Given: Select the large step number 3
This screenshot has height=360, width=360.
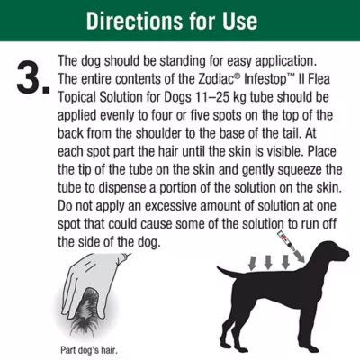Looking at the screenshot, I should [30, 79].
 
